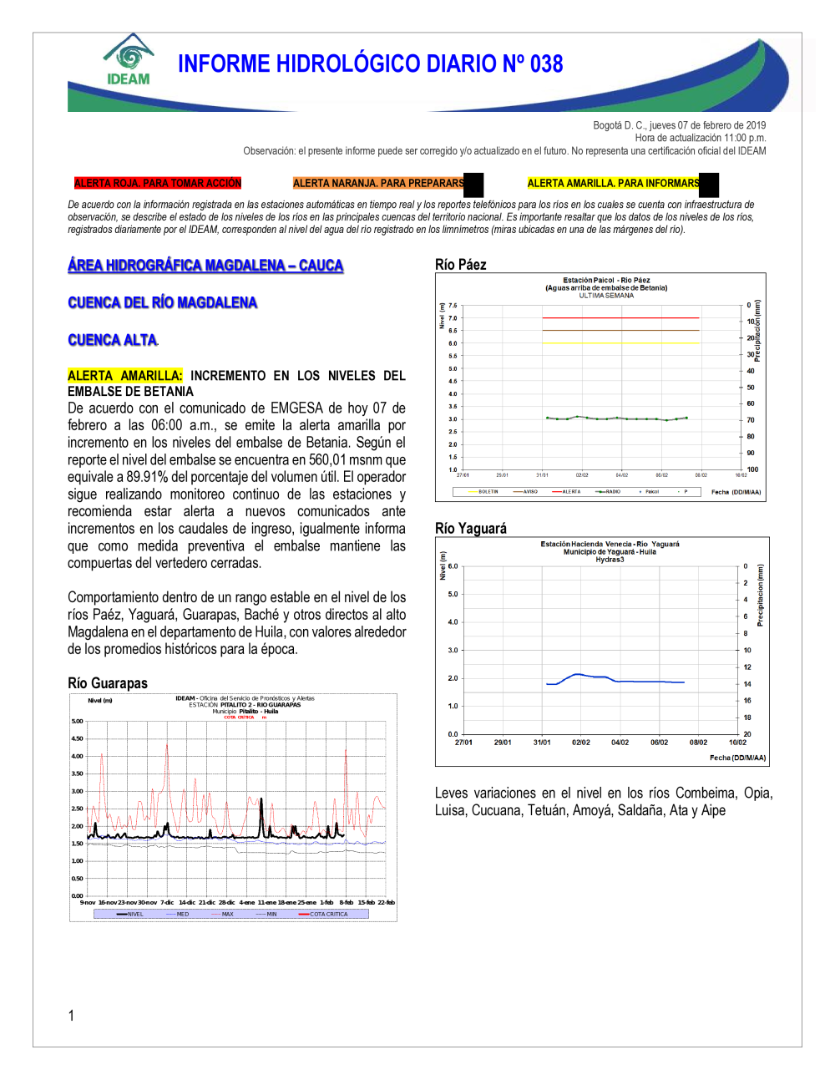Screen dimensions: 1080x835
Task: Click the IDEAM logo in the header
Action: (129, 60)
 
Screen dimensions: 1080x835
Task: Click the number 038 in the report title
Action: (546, 64)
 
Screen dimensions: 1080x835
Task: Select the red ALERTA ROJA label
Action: (157, 183)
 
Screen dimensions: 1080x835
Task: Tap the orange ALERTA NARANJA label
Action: (378, 183)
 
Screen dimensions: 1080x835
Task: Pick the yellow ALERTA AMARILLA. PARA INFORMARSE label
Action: (614, 183)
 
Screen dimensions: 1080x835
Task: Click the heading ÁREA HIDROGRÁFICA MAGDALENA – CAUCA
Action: (205, 266)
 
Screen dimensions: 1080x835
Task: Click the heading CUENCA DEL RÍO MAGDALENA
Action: (162, 302)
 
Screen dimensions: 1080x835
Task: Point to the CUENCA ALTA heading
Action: (112, 340)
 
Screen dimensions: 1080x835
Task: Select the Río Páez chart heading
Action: (460, 265)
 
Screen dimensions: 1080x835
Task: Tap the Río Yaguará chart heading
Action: (470, 529)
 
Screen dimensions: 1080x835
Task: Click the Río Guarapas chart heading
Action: (107, 683)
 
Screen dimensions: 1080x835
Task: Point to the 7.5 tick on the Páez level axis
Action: (453, 306)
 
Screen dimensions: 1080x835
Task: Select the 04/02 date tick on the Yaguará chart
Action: (620, 743)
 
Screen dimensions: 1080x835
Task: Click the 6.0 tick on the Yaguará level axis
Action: (453, 566)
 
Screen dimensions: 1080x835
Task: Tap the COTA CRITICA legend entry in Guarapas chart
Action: (328, 914)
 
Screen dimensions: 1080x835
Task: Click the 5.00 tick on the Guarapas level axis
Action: (77, 721)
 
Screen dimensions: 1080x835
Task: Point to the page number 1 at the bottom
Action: (71, 1016)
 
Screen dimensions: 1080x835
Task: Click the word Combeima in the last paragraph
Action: (706, 793)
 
